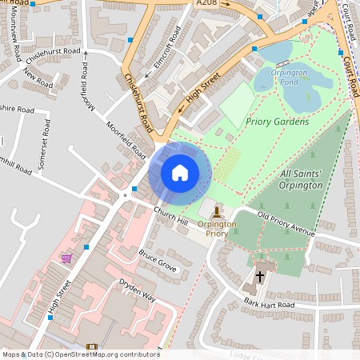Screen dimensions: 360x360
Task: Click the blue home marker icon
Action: coord(180,173)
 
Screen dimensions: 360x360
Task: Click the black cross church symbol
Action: coord(258,277)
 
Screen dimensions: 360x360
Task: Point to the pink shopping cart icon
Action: coord(66,258)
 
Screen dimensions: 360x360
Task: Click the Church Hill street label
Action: coord(170,214)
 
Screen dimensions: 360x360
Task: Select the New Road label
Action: coord(38,79)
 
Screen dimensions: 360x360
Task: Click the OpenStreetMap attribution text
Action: coord(80,354)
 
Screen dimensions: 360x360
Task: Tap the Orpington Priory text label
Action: coord(218,230)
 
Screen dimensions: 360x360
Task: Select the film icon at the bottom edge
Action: coord(90,347)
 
